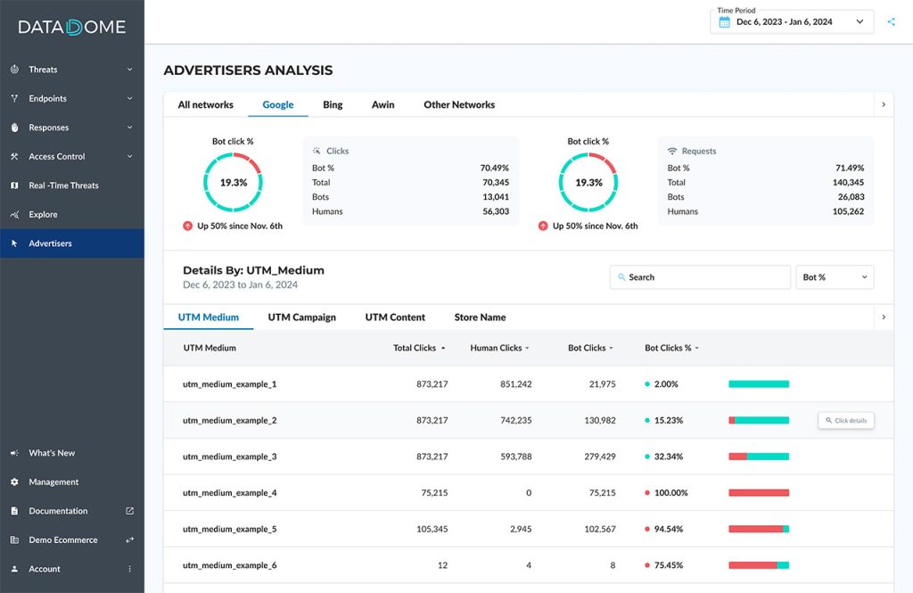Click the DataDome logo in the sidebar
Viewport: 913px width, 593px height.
click(x=72, y=27)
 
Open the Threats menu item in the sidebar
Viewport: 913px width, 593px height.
click(x=43, y=70)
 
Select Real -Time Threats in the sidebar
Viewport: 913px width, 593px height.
click(x=63, y=185)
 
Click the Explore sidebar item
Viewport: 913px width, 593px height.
click(x=43, y=215)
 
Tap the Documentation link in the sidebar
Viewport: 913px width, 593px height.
click(x=58, y=511)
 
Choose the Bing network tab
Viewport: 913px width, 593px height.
click(x=333, y=104)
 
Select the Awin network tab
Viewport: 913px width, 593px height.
click(x=383, y=104)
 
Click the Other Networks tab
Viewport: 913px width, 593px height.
click(x=459, y=104)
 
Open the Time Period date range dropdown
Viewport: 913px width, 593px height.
click(x=792, y=21)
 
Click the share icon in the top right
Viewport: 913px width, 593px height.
click(x=892, y=21)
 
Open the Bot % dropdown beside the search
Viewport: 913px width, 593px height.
click(x=835, y=277)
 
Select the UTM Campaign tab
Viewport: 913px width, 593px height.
click(x=301, y=317)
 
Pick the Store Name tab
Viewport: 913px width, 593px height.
click(x=480, y=317)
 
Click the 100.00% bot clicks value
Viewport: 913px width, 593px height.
click(x=670, y=493)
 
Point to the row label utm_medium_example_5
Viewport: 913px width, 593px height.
click(x=229, y=529)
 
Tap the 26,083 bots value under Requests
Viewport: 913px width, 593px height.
click(x=847, y=197)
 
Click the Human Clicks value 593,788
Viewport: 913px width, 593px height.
click(x=511, y=457)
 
